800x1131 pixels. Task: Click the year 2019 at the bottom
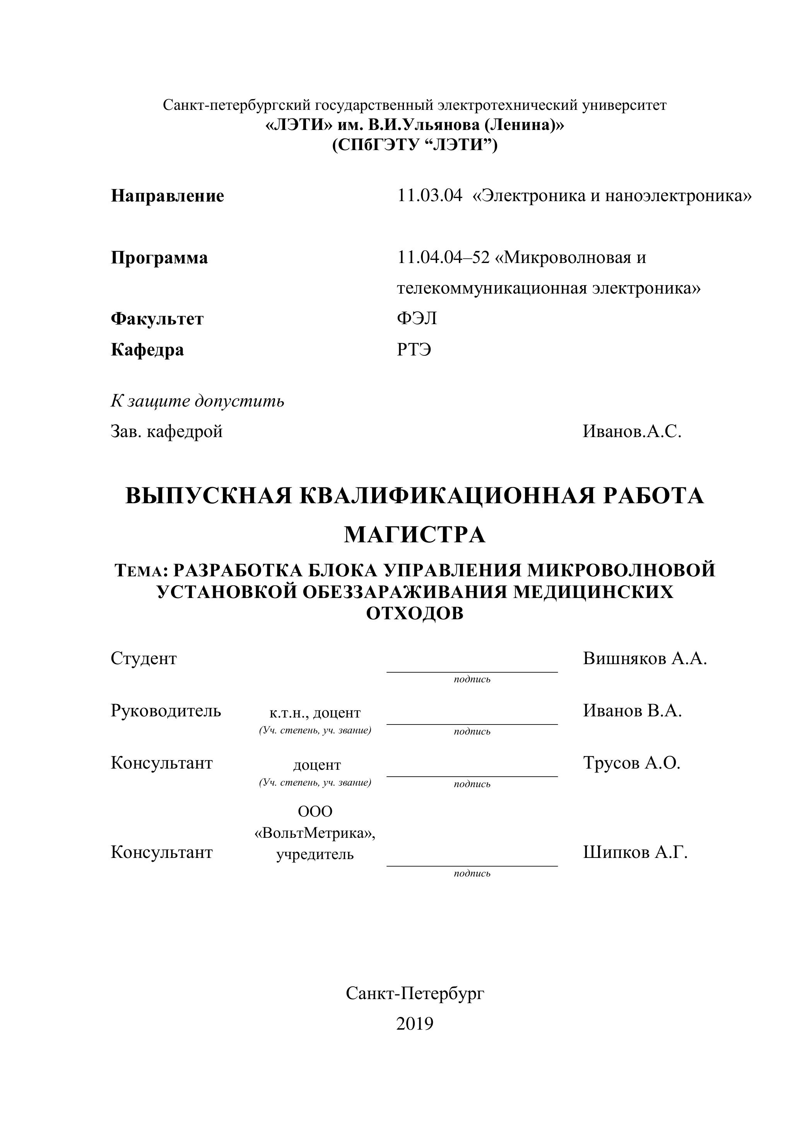pyautogui.click(x=414, y=1024)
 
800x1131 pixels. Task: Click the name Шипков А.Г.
pyautogui.click(x=635, y=852)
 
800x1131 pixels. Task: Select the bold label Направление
pyautogui.click(x=167, y=196)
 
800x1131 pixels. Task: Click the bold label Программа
pyautogui.click(x=159, y=258)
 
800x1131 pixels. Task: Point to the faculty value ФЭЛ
pyautogui.click(x=417, y=319)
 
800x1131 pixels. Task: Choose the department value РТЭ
pyautogui.click(x=414, y=350)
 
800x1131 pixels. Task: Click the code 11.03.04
pyautogui.click(x=429, y=196)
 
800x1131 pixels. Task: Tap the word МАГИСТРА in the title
pyautogui.click(x=414, y=535)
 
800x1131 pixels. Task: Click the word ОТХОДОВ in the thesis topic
pyautogui.click(x=415, y=614)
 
